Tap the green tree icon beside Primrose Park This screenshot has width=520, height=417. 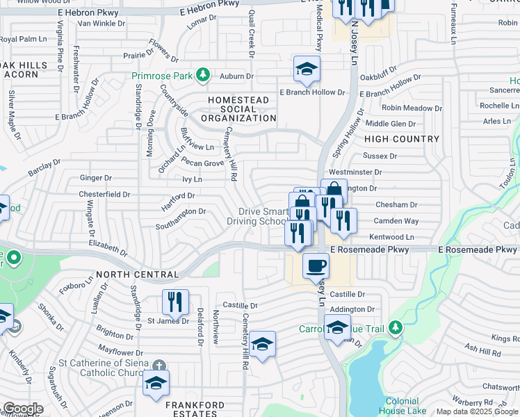202,74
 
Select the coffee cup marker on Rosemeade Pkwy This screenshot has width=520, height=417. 316,265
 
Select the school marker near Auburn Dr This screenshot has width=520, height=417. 305,69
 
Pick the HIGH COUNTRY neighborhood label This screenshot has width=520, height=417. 402,139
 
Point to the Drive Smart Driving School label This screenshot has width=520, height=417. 257,216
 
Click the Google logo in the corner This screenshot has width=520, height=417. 23,409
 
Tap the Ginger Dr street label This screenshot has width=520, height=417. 96,179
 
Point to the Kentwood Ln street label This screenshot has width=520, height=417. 391,237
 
